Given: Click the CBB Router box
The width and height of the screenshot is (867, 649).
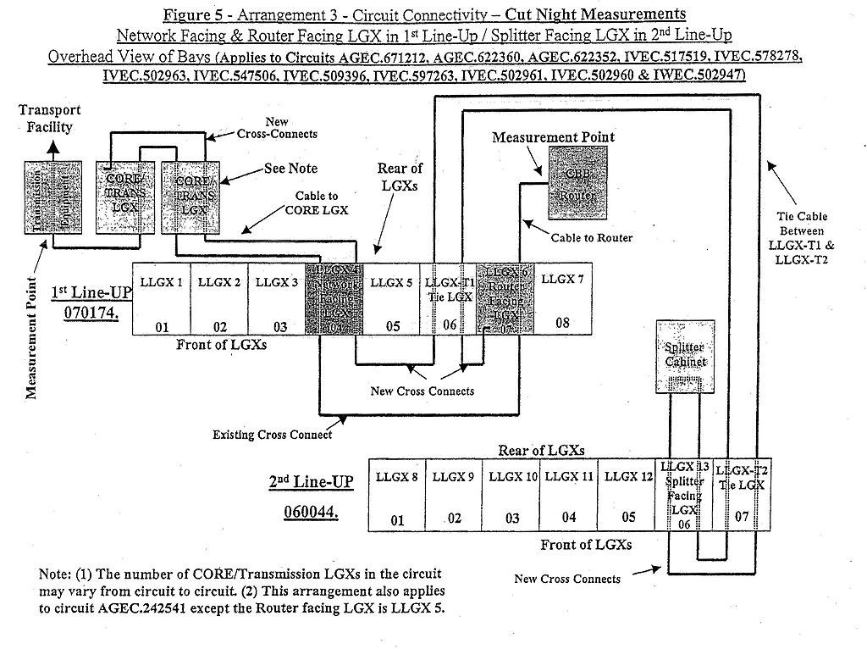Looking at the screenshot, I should [577, 179].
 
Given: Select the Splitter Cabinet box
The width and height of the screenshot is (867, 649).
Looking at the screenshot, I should [685, 356].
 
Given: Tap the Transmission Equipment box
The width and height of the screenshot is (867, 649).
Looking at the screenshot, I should [52, 197].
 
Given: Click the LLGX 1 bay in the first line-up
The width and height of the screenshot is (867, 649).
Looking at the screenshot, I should [161, 299].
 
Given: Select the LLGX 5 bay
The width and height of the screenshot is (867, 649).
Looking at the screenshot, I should [391, 299].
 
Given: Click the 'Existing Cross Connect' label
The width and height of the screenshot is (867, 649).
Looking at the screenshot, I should [272, 435].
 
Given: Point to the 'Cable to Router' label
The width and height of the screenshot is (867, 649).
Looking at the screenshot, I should [591, 238].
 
